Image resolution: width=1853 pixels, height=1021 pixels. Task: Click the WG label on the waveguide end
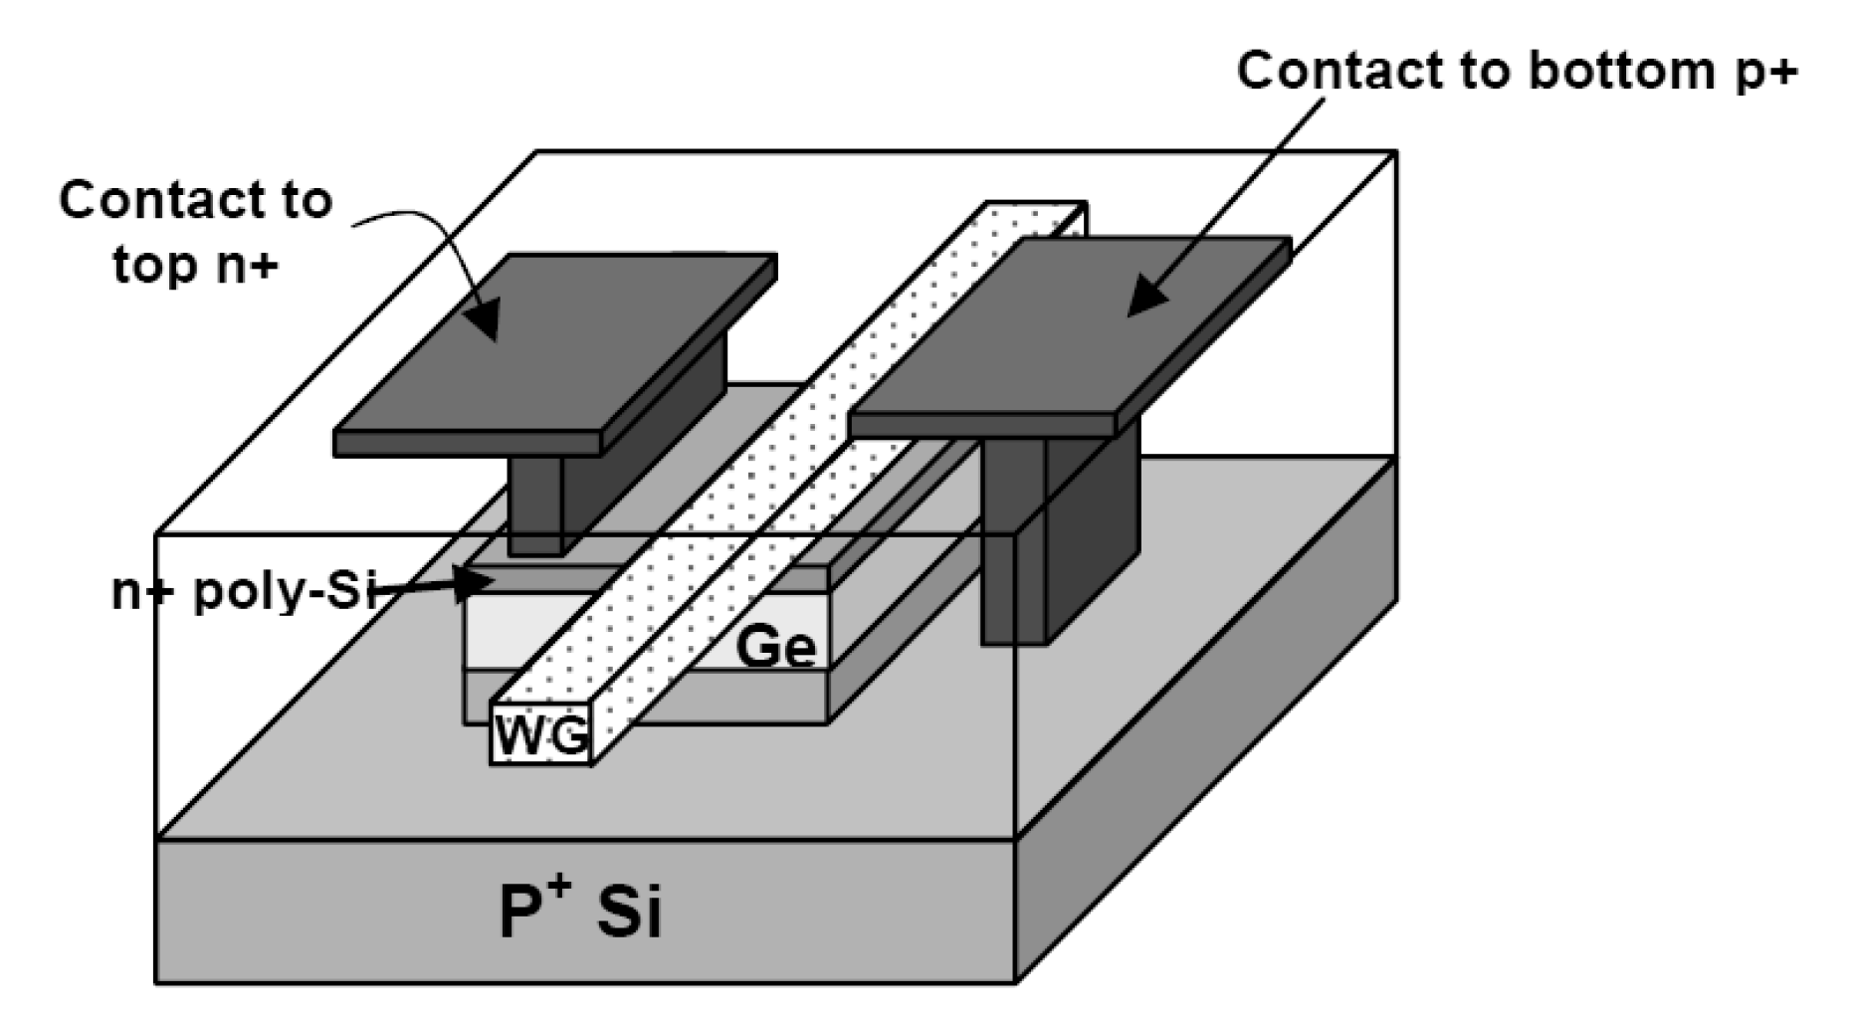point(541,735)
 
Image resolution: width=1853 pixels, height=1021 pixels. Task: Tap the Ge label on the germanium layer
point(775,648)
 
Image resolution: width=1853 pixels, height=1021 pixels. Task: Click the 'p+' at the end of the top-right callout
point(1765,73)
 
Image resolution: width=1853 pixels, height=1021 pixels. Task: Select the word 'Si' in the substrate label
point(629,911)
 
